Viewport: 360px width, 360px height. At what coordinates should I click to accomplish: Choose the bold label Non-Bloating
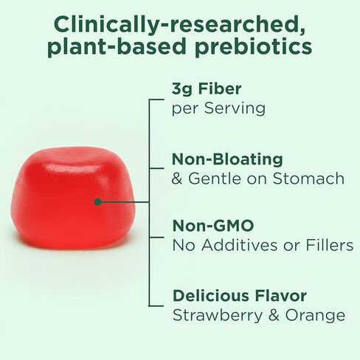(226, 159)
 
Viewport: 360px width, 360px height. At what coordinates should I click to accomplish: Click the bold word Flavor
(281, 296)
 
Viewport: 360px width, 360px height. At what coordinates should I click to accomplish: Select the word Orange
(316, 315)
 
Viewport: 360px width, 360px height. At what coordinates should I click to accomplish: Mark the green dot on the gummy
(97, 201)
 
